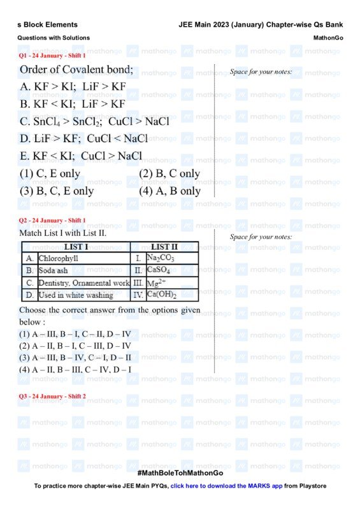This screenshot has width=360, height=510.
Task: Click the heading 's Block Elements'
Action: [47, 25]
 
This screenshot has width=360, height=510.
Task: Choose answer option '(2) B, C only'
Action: [169, 173]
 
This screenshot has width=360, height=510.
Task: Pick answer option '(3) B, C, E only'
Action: [57, 191]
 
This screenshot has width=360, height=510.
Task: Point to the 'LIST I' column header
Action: [76, 247]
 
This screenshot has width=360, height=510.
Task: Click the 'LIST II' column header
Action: [164, 247]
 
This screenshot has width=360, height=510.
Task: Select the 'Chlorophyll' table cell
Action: [58, 259]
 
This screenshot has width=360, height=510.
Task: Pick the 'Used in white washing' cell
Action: [76, 295]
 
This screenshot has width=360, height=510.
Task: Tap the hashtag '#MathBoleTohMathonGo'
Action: [180, 473]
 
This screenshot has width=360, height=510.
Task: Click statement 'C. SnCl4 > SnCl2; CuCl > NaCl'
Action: [95, 122]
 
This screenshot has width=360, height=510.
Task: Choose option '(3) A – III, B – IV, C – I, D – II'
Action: [75, 358]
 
